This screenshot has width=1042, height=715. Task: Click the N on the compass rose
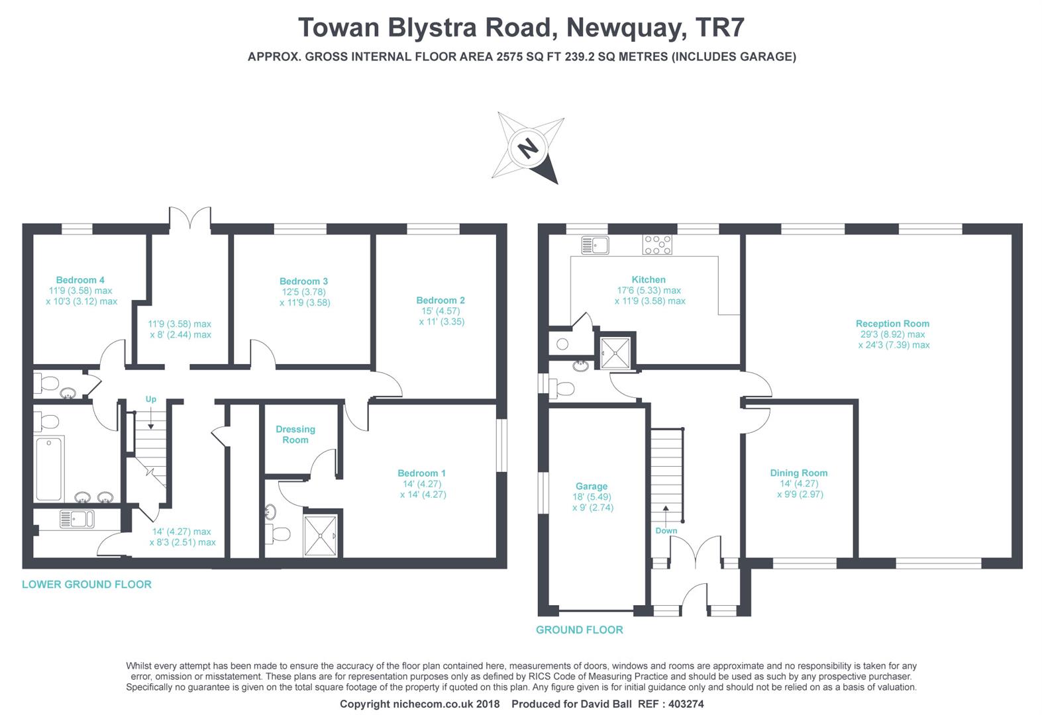click(527, 148)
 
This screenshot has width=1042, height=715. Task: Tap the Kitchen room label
click(649, 279)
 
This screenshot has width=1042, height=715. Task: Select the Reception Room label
click(892, 324)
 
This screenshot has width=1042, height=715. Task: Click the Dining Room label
click(799, 473)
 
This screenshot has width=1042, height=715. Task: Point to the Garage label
click(592, 486)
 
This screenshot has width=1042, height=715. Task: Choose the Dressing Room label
click(295, 434)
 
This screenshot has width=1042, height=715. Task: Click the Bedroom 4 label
click(80, 280)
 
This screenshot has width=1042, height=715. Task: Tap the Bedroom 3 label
click(303, 281)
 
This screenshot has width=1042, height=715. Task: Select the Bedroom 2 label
click(441, 300)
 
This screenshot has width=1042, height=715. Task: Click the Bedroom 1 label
click(421, 473)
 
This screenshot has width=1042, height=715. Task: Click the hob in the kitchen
click(656, 245)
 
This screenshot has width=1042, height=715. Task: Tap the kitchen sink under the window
click(595, 245)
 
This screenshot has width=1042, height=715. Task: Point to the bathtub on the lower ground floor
click(50, 469)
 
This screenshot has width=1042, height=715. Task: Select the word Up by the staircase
click(151, 399)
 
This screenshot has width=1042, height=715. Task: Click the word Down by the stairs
click(666, 531)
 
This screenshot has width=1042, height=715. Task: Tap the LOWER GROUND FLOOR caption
click(87, 585)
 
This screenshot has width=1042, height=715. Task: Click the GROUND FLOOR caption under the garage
click(580, 630)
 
